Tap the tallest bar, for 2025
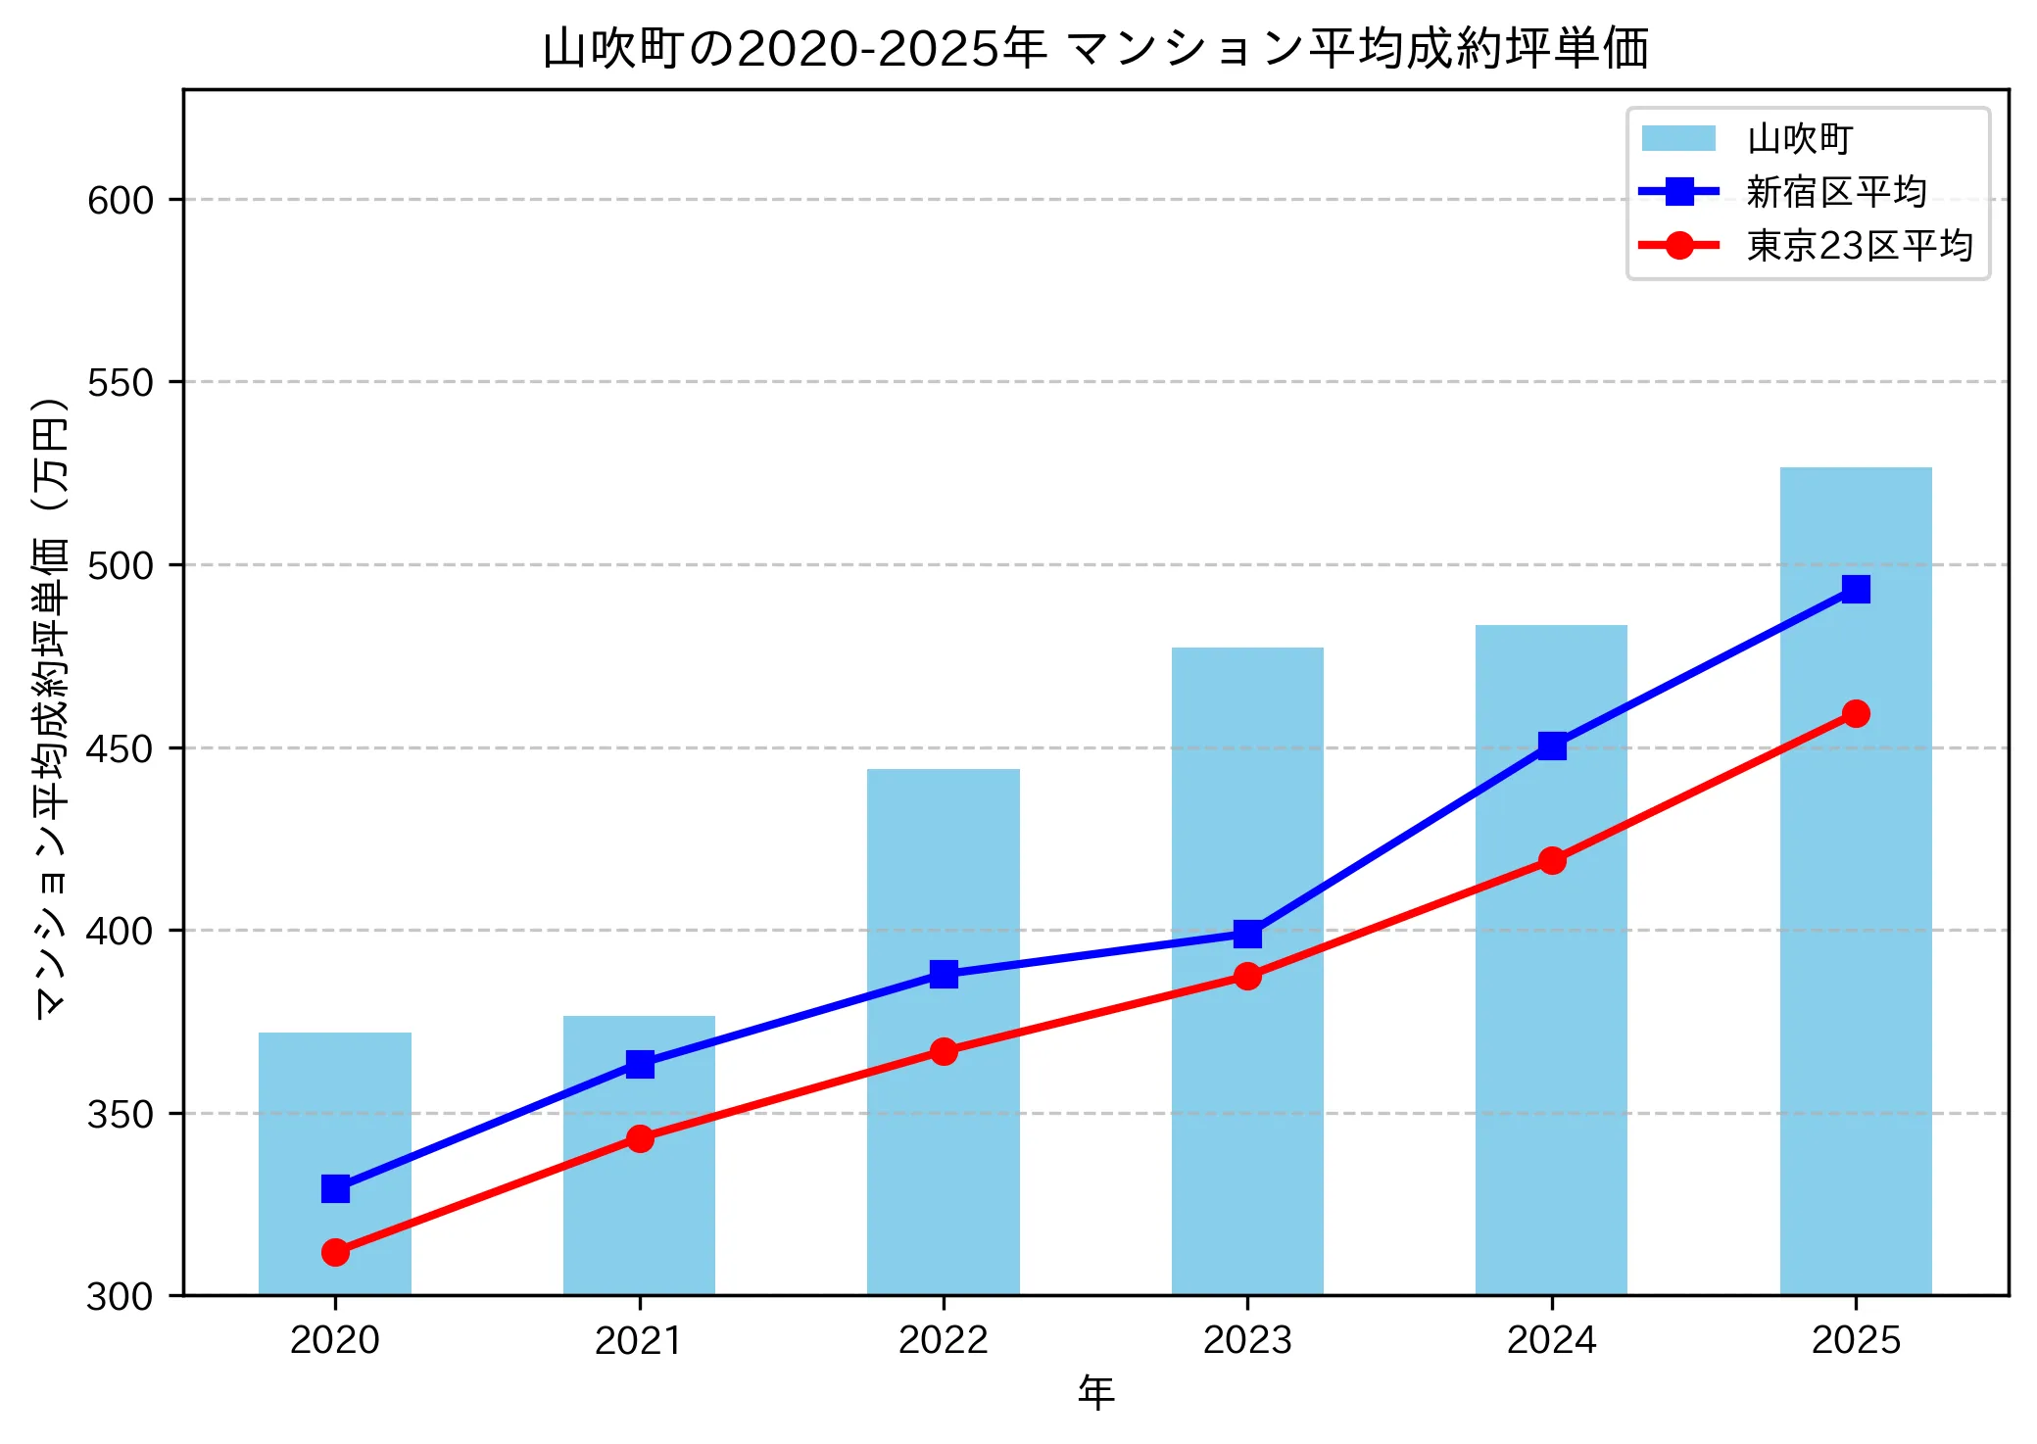(1855, 980)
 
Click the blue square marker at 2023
(1247, 934)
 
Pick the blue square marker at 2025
(1856, 589)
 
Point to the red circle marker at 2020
(335, 1252)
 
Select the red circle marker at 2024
(1552, 860)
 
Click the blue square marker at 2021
(640, 1064)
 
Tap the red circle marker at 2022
(944, 1051)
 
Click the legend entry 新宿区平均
(1835, 192)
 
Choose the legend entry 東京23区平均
(1859, 245)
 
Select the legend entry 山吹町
(1799, 139)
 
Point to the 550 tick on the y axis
(121, 383)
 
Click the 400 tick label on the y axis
(121, 931)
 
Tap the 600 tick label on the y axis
(121, 200)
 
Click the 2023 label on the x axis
(1247, 1340)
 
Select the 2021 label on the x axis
(639, 1340)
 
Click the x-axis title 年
(1095, 1392)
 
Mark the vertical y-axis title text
(51, 707)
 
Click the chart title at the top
(1095, 47)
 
